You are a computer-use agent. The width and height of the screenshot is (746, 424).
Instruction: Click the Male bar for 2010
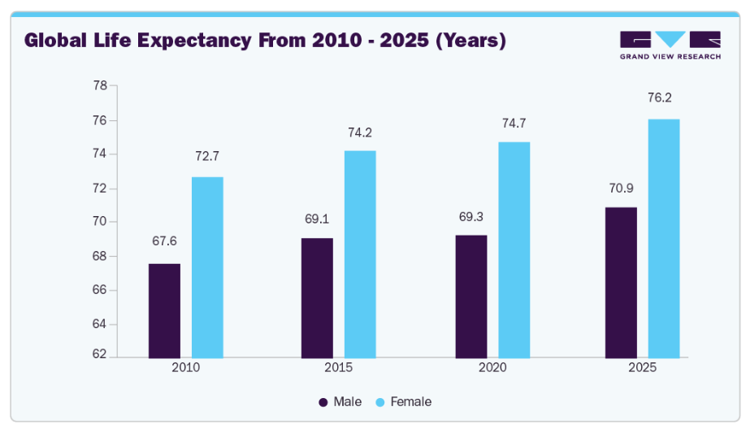point(164,310)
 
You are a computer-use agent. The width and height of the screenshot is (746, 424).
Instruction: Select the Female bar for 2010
point(207,267)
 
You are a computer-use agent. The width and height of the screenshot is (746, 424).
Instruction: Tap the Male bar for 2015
point(317,297)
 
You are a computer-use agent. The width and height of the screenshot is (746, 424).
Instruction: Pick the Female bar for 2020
point(514,249)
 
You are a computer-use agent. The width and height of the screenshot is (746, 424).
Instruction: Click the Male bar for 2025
point(621,282)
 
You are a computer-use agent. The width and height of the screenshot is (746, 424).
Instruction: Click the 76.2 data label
point(661,97)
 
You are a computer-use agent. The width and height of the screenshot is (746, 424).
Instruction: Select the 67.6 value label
point(164,241)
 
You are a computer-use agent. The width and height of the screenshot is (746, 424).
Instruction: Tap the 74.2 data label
point(359,132)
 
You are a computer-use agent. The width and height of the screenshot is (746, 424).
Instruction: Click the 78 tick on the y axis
point(100,85)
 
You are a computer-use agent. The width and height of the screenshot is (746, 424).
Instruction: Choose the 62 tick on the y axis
point(100,356)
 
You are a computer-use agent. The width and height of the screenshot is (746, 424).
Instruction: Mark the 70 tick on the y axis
point(100,221)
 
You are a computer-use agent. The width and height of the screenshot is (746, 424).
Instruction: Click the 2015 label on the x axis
point(338,368)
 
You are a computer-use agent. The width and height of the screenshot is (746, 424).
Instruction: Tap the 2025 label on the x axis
point(642,368)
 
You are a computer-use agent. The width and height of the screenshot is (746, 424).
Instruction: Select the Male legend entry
point(340,402)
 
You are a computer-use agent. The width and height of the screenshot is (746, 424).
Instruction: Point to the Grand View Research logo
point(670,45)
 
